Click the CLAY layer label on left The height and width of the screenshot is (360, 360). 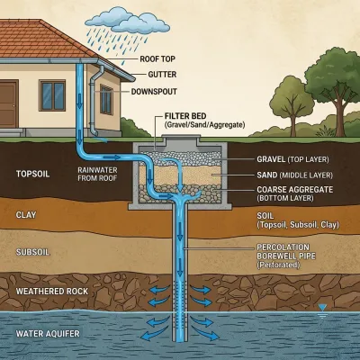tap(27, 215)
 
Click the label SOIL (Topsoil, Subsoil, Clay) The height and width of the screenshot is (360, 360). tap(292, 221)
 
